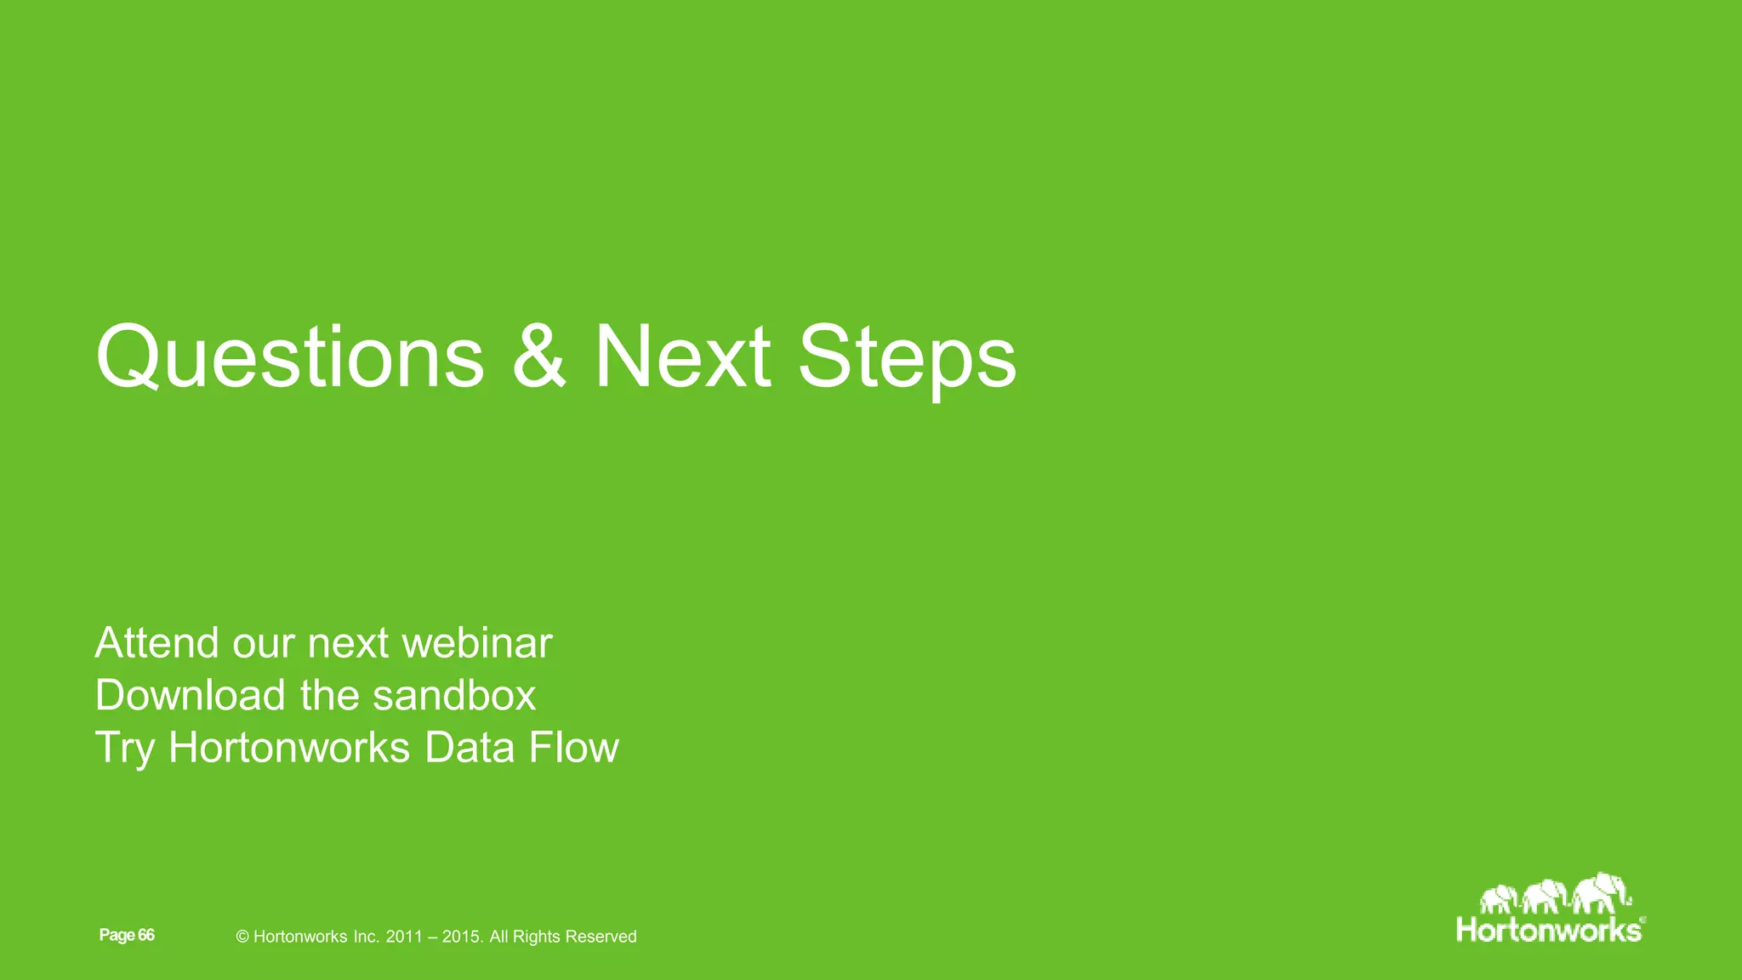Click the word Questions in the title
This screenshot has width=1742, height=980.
pyautogui.click(x=289, y=357)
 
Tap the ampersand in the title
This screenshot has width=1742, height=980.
pyautogui.click(x=538, y=357)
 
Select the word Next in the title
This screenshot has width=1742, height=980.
pyautogui.click(x=682, y=357)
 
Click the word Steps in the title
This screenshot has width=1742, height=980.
pyautogui.click(x=906, y=357)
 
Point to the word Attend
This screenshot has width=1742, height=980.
pyautogui.click(x=157, y=642)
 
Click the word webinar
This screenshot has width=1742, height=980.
pyautogui.click(x=476, y=642)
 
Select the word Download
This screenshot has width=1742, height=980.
pyautogui.click(x=190, y=695)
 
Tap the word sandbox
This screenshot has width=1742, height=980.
pyautogui.click(x=454, y=695)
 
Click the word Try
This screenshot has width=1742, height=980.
pyautogui.click(x=124, y=749)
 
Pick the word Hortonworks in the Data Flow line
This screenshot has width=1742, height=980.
pyautogui.click(x=289, y=748)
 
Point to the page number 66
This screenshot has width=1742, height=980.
pyautogui.click(x=146, y=935)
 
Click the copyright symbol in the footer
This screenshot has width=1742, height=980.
pyautogui.click(x=242, y=937)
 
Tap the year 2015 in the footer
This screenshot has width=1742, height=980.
pyautogui.click(x=462, y=937)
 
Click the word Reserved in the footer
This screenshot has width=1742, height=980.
pyautogui.click(x=601, y=937)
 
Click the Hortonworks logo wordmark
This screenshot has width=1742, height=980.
pyautogui.click(x=1549, y=930)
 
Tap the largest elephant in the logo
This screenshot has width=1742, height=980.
pyautogui.click(x=1600, y=893)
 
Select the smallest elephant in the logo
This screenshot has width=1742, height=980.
pyautogui.click(x=1499, y=898)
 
